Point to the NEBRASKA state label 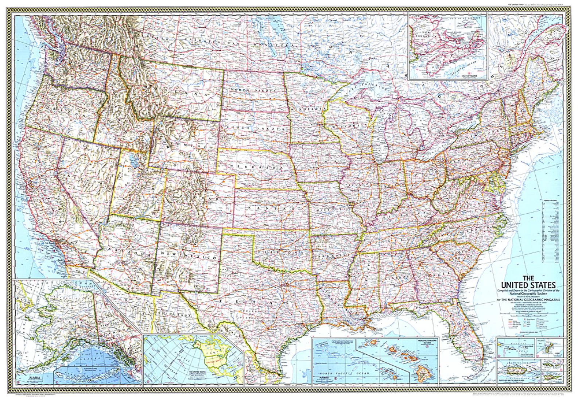(x=251, y=166)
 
